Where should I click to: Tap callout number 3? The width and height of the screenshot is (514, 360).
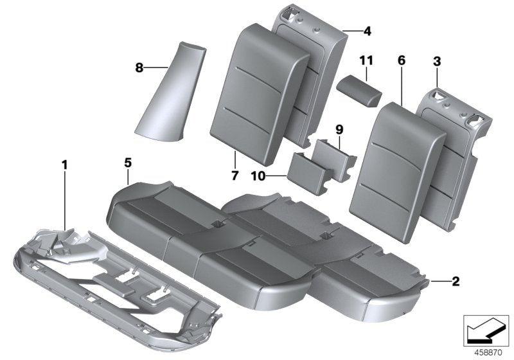[437, 62]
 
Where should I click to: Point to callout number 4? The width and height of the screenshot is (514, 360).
[368, 30]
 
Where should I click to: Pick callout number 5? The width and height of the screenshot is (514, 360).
[128, 163]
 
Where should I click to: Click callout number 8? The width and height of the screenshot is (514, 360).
[139, 66]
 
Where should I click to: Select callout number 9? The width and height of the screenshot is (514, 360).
[340, 129]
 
